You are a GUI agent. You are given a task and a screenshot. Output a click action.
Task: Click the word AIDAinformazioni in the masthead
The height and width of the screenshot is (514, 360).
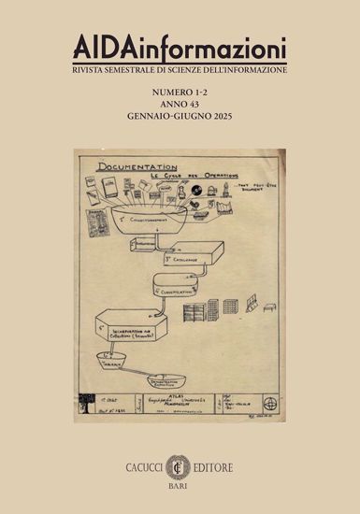(179, 47)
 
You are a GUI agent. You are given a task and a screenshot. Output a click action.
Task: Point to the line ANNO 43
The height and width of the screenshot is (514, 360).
(180, 107)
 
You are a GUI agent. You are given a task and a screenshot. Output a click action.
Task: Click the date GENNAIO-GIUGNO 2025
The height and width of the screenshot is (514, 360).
(180, 120)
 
